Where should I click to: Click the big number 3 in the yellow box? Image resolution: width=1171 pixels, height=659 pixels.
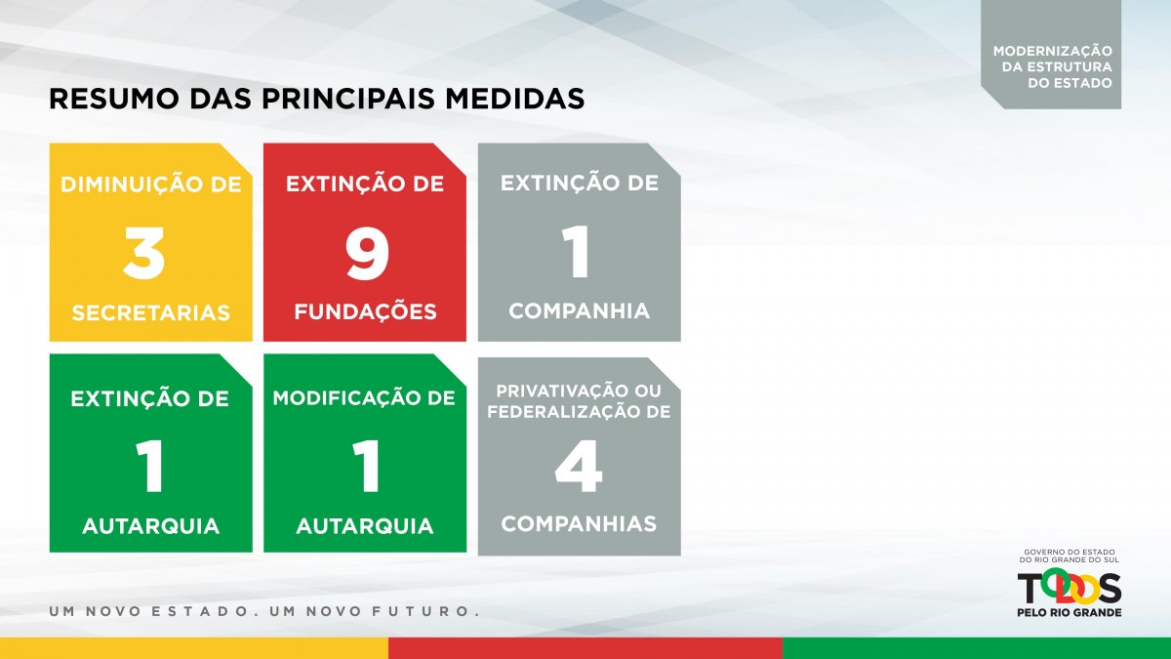click(143, 253)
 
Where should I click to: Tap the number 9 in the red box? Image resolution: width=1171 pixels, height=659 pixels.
click(367, 253)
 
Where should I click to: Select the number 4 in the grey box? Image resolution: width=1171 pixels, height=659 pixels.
click(579, 466)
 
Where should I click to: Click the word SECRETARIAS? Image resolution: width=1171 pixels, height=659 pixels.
click(150, 312)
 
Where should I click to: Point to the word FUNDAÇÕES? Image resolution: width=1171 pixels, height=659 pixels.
click(365, 310)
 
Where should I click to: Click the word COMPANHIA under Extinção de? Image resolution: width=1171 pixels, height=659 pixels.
click(580, 310)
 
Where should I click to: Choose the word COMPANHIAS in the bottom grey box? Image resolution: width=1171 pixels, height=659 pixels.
click(579, 523)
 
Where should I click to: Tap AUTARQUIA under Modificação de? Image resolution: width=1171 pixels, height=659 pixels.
click(365, 526)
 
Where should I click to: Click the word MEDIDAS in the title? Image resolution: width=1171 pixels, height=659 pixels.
click(515, 99)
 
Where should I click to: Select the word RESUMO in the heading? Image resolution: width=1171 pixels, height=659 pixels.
click(114, 99)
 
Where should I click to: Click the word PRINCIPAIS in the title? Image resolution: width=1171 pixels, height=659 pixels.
click(348, 99)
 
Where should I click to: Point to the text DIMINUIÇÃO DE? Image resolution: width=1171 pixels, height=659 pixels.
click(151, 184)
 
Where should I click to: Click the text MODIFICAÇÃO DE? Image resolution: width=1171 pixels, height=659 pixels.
click(364, 397)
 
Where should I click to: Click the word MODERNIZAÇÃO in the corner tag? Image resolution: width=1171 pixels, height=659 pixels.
click(1053, 51)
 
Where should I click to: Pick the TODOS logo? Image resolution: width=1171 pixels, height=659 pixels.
click(1070, 588)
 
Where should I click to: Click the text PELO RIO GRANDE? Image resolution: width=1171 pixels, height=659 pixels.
click(1070, 612)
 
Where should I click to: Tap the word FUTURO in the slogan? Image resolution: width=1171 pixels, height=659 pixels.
click(421, 611)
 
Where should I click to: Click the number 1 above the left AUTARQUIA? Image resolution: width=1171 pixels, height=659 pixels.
click(150, 466)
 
